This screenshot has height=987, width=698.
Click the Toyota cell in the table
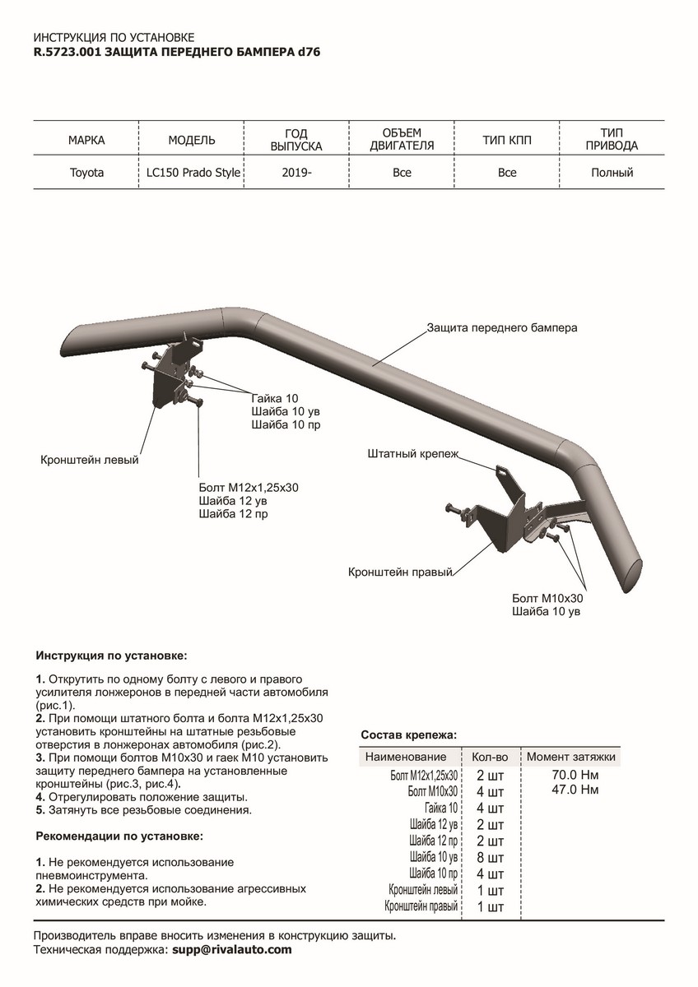86,173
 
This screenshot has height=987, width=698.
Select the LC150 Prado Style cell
193,173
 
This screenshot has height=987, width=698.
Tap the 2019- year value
296,173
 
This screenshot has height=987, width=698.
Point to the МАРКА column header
86,140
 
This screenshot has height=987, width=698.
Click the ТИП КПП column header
507,140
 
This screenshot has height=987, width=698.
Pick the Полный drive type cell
612,173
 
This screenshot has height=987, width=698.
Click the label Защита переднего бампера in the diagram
501,327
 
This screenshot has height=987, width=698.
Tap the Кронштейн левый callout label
90,460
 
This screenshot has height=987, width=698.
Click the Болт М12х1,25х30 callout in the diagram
248,487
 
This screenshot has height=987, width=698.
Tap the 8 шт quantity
490,857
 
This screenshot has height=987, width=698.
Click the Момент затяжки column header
571,757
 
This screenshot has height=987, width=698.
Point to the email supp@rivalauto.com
231,949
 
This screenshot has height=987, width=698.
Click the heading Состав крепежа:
409,734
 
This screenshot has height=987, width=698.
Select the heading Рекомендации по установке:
119,836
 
